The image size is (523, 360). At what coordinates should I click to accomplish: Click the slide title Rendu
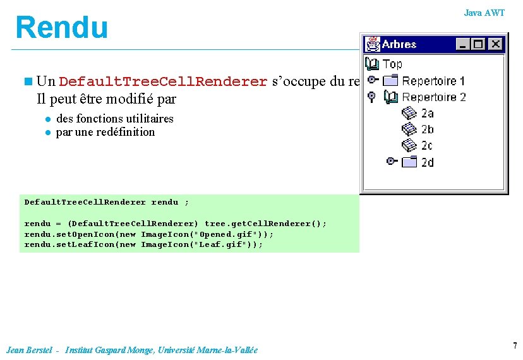pyautogui.click(x=62, y=28)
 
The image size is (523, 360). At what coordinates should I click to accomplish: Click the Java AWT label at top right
pyautogui.click(x=484, y=13)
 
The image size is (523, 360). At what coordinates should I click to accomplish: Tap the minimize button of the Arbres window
pyautogui.click(x=464, y=44)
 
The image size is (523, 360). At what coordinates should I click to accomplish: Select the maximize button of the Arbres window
pyautogui.click(x=479, y=44)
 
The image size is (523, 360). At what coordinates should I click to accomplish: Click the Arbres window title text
pyautogui.click(x=399, y=44)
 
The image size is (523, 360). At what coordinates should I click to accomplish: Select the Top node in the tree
pyautogui.click(x=392, y=64)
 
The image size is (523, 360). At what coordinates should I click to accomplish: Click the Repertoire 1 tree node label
pyautogui.click(x=433, y=81)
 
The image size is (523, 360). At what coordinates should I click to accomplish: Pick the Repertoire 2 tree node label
pyautogui.click(x=434, y=97)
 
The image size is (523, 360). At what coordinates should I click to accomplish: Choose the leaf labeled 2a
pyautogui.click(x=428, y=114)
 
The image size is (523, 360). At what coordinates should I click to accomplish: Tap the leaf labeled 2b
pyautogui.click(x=428, y=129)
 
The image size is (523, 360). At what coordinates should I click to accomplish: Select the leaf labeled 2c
pyautogui.click(x=428, y=146)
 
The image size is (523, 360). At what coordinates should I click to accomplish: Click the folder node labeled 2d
pyautogui.click(x=428, y=162)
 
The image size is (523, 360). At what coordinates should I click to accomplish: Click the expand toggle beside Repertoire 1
pyautogui.click(x=373, y=80)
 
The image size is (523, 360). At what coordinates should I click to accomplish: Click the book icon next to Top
pyautogui.click(x=372, y=64)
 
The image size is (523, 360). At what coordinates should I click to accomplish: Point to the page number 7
pyautogui.click(x=515, y=345)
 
